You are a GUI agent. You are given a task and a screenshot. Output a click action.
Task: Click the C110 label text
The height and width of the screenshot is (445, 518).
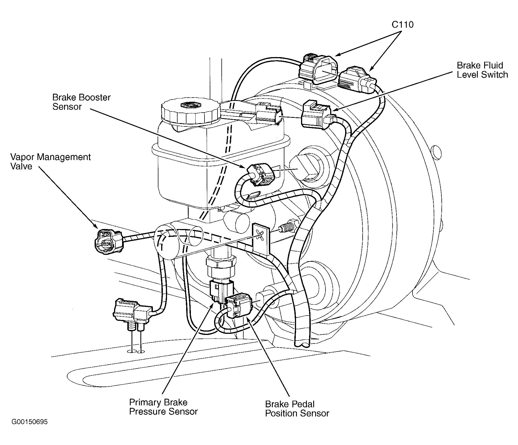(402, 25)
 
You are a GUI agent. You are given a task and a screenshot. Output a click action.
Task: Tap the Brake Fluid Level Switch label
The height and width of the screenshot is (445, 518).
(482, 70)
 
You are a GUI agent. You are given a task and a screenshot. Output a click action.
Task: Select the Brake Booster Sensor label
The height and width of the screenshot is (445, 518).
(82, 102)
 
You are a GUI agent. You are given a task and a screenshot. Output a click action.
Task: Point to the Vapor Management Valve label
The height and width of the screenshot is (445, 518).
(50, 162)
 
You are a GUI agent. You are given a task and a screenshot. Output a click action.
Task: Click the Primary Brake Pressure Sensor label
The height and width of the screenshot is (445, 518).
(163, 407)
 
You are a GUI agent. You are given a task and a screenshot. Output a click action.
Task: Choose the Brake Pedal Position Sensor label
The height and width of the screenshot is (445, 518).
(297, 409)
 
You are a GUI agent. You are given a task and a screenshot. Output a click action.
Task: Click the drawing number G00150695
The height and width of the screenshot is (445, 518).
(30, 422)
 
